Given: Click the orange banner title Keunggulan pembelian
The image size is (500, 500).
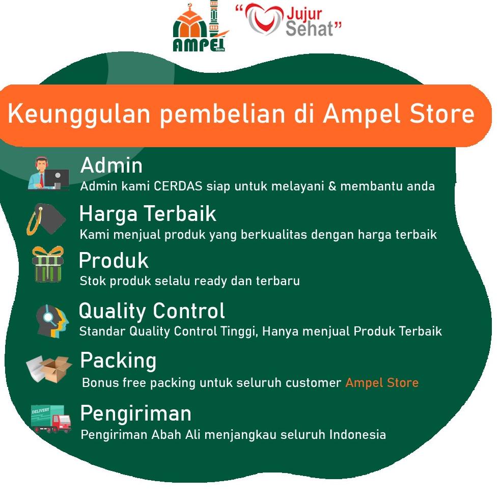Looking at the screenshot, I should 241,115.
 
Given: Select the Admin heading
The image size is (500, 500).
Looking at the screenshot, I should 111,165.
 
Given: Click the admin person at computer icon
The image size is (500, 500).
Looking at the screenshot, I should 48,174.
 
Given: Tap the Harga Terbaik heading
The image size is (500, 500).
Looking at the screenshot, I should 148,214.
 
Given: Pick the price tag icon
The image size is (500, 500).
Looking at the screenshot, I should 46,219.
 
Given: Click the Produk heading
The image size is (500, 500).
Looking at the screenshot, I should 114,261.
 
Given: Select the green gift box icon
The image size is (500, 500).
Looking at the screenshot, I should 48,265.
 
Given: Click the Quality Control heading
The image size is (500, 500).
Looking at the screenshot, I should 152,311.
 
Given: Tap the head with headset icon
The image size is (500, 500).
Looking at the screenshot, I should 51,319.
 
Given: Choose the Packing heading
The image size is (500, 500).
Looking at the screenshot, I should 118,360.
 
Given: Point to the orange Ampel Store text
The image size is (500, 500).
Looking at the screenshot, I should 382,382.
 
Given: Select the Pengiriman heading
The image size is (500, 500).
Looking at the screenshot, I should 135,413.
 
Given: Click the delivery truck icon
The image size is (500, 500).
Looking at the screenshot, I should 50,419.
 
